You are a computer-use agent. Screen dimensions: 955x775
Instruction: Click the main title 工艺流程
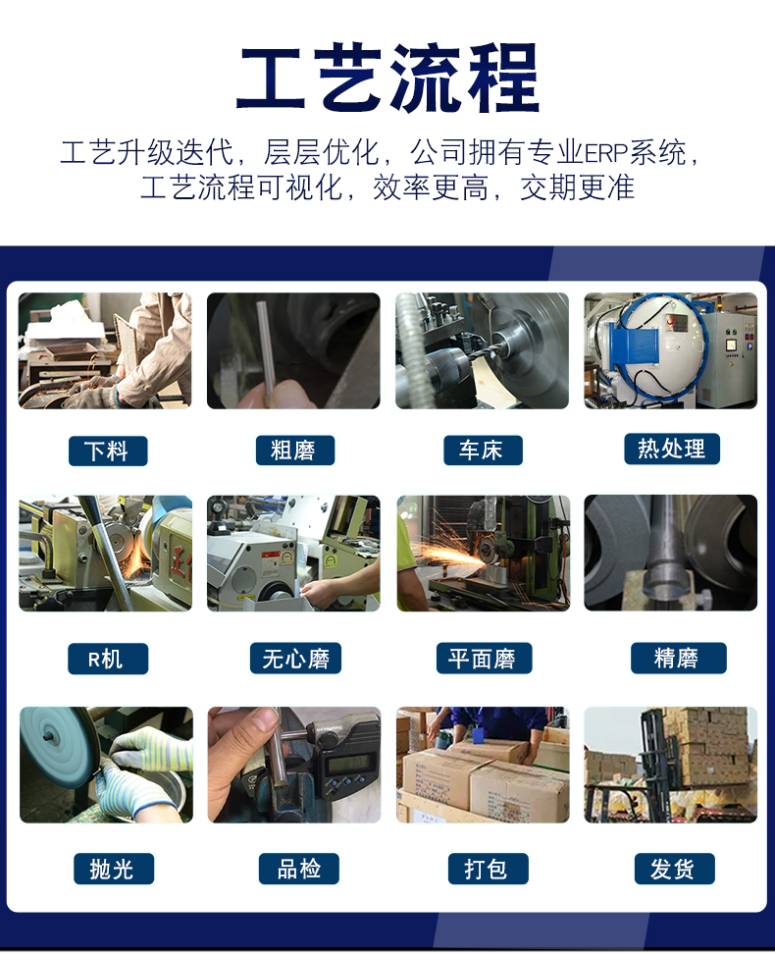pyautogui.click(x=387, y=79)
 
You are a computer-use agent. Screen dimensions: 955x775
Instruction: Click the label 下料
pyautogui.click(x=107, y=451)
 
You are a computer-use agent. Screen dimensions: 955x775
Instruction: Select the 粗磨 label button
pyautogui.click(x=292, y=451)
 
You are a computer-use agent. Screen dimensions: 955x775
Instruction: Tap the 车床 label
pyautogui.click(x=481, y=451)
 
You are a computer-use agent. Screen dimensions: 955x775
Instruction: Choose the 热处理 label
pyautogui.click(x=671, y=449)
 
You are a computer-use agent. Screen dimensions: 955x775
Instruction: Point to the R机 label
pyautogui.click(x=107, y=659)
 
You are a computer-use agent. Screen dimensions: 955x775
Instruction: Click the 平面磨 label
pyautogui.click(x=483, y=659)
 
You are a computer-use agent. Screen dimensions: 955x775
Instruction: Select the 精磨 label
pyautogui.click(x=677, y=658)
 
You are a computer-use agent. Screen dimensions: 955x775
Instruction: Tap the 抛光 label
pyautogui.click(x=110, y=868)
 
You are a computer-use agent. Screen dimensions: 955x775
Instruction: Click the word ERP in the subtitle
pyautogui.click(x=606, y=153)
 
